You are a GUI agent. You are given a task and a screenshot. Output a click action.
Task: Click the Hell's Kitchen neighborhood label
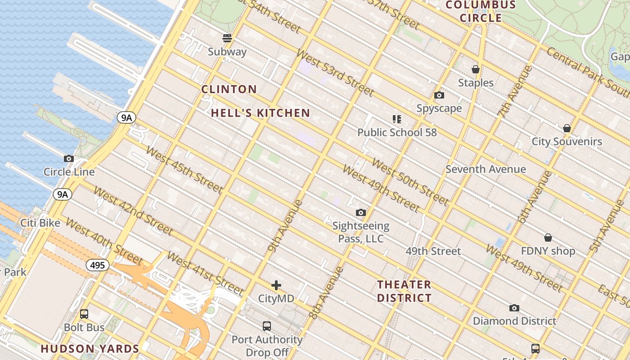[261, 113]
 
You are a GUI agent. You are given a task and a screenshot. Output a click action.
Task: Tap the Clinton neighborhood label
[229, 89]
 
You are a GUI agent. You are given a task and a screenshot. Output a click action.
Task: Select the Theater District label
[404, 291]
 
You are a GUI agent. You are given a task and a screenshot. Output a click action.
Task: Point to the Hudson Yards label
[90, 349]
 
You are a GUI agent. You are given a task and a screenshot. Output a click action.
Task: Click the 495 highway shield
[98, 265]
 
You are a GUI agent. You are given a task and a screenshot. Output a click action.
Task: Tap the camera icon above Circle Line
[69, 158]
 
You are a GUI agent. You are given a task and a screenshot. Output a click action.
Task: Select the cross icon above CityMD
[276, 285]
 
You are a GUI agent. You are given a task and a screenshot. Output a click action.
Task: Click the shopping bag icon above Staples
[476, 69]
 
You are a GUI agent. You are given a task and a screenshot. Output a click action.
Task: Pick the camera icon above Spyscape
[439, 95]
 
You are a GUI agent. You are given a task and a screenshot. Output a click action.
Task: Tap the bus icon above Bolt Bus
[84, 314]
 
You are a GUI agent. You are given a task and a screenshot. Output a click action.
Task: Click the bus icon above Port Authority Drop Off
[267, 326]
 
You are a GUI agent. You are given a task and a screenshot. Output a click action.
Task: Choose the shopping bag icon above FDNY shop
[548, 237]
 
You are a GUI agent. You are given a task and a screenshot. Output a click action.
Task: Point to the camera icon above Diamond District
[514, 308]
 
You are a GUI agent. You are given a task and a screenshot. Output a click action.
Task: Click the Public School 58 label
[397, 132]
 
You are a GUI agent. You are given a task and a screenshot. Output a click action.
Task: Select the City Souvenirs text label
[567, 141]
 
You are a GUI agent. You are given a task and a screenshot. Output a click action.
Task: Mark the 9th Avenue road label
[285, 225]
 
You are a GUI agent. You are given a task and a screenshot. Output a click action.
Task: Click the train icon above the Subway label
[227, 38]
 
